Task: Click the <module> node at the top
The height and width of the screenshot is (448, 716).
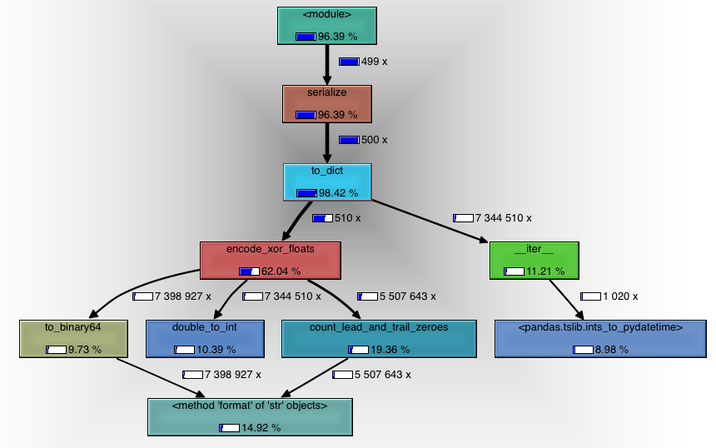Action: pyautogui.click(x=326, y=25)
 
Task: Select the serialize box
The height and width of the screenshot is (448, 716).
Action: pyautogui.click(x=326, y=103)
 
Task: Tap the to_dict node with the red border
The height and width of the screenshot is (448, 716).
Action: pyautogui.click(x=327, y=182)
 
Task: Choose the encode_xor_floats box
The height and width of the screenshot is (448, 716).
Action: pyautogui.click(x=271, y=260)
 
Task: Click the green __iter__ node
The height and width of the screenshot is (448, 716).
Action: pyautogui.click(x=534, y=260)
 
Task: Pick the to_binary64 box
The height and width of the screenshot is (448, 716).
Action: pyautogui.click(x=73, y=338)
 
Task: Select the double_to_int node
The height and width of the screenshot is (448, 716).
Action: pyautogui.click(x=205, y=338)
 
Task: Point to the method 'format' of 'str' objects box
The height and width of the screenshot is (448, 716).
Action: pyautogui.click(x=250, y=416)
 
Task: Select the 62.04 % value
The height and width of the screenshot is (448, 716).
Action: pyautogui.click(x=281, y=271)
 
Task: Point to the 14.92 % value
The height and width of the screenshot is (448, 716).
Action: pyautogui.click(x=261, y=428)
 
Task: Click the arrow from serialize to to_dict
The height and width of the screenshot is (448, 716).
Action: pyautogui.click(x=327, y=142)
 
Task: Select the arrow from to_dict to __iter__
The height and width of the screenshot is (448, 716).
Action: pyautogui.click(x=429, y=221)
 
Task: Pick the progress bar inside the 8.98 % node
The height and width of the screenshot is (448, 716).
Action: pyautogui.click(x=583, y=350)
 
